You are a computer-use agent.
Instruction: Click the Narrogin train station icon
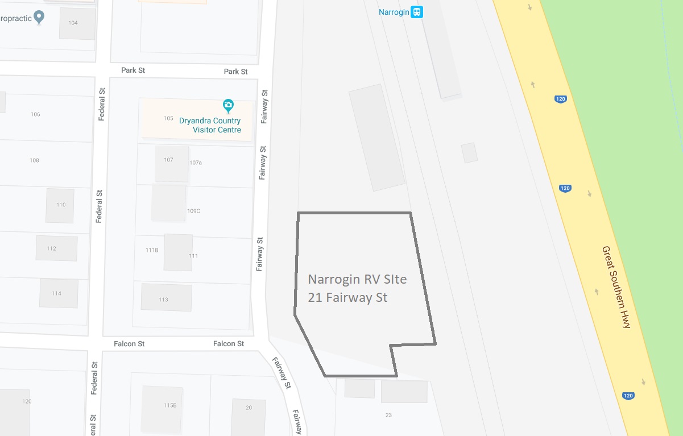click(418, 12)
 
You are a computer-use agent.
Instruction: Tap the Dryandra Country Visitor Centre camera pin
click(228, 105)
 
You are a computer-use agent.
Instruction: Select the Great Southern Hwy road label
click(616, 287)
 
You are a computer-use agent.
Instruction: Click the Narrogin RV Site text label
click(357, 279)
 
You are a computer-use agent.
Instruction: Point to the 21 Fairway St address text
click(347, 297)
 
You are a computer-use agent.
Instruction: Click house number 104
click(73, 23)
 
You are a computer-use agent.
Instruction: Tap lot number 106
click(35, 114)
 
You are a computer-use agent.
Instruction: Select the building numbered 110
click(60, 205)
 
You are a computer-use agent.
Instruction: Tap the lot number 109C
click(193, 211)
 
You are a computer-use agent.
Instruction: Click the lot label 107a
click(196, 163)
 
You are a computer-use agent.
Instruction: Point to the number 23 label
click(388, 415)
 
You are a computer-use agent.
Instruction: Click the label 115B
click(170, 405)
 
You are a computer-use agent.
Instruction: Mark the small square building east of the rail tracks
click(469, 152)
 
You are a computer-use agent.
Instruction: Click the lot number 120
click(27, 401)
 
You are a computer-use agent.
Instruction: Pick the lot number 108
click(34, 160)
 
